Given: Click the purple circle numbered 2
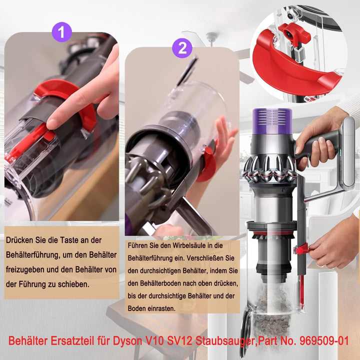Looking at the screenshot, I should (182, 48).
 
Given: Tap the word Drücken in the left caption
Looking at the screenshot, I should (21, 240).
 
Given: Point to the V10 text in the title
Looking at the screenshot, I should (171, 340).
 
